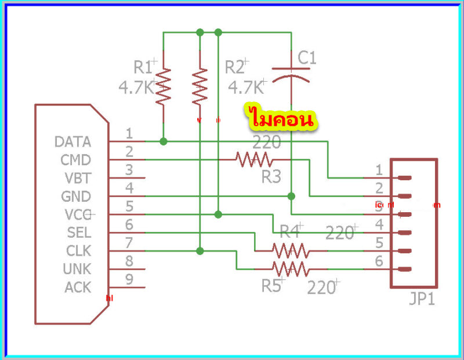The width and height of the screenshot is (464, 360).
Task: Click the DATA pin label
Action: point(72,142)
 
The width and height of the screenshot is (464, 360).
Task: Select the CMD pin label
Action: point(75,160)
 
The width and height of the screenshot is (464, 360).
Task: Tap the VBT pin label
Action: point(76,178)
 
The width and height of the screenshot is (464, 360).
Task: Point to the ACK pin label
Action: point(77,287)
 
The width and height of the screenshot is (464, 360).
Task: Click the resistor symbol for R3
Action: point(254,159)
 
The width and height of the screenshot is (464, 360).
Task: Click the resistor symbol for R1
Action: point(164,86)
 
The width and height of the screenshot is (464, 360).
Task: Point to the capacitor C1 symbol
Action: point(291,75)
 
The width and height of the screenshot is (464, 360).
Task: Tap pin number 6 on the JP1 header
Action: point(379,261)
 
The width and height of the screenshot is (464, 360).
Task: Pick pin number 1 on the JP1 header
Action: point(379,170)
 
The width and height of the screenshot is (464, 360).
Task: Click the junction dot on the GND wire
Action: point(291,196)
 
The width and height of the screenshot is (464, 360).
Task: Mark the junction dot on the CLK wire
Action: point(200,251)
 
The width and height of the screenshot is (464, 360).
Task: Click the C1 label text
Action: point(307,58)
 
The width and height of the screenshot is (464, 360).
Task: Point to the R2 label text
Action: point(235,68)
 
